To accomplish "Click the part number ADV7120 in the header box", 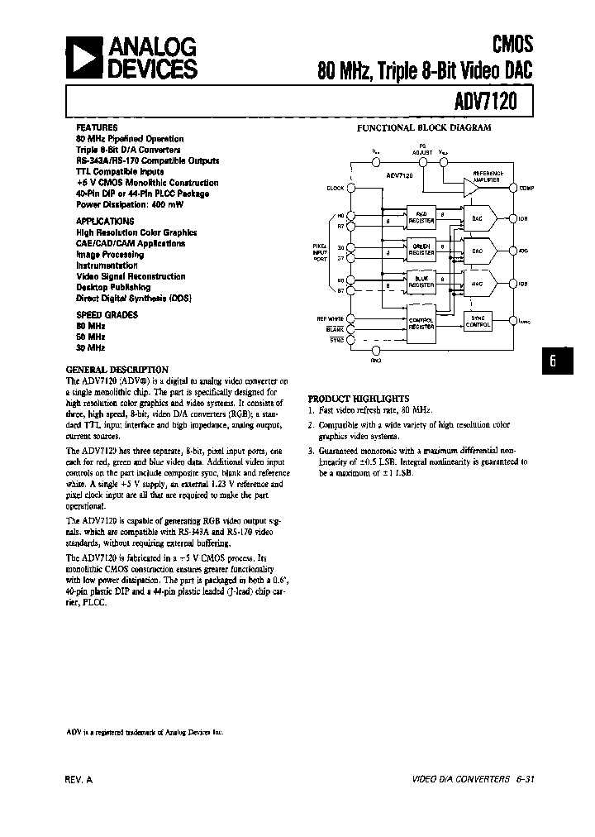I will click(x=490, y=103).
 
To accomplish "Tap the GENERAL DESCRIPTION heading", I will click(x=117, y=370).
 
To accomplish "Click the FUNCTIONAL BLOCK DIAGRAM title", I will click(x=424, y=128).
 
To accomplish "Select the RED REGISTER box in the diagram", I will click(x=421, y=218).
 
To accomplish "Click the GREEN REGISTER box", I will click(x=421, y=248).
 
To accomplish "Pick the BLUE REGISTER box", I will click(x=421, y=281).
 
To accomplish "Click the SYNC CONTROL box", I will click(x=477, y=322).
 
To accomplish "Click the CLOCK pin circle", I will click(x=351, y=188).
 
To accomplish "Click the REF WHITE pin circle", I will click(x=351, y=318).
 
